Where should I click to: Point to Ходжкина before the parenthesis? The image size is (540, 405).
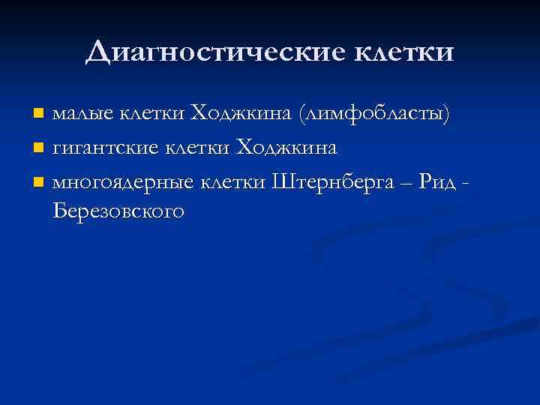241,114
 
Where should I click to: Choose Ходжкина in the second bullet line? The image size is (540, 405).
286,148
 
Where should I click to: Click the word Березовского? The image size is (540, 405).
118,212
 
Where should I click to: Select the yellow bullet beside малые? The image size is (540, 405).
39,115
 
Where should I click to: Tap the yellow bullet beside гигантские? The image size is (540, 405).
39,148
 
